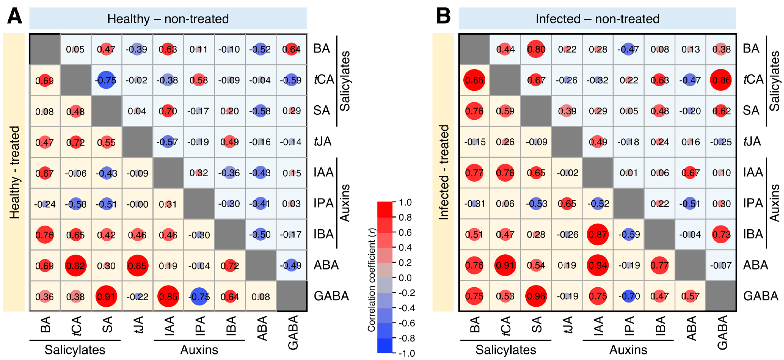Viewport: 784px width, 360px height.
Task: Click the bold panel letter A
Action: point(15,16)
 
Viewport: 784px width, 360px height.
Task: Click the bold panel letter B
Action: point(443,16)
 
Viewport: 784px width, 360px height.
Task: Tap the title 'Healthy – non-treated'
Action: point(168,19)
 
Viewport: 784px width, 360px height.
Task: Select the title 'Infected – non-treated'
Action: point(597,19)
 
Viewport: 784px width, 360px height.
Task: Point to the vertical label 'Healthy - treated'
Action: point(14,173)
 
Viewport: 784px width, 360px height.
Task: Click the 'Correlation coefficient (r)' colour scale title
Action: point(371,280)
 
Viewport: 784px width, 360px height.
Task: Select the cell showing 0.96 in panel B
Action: point(536,296)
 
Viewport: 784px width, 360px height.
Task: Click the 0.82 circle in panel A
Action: point(75,266)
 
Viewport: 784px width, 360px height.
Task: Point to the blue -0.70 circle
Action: point(629,296)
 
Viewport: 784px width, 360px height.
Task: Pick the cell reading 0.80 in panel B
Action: point(536,49)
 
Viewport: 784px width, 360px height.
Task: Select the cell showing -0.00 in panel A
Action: point(137,204)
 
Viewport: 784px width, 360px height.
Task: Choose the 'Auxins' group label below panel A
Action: point(199,350)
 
